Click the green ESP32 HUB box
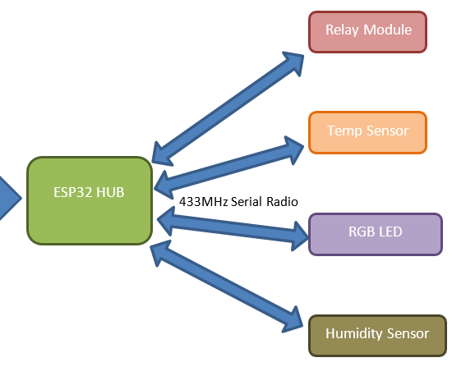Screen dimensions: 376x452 (x=90, y=201)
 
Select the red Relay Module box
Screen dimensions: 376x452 (x=367, y=32)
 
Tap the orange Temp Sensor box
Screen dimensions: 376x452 (x=367, y=132)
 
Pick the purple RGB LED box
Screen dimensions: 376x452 (x=374, y=233)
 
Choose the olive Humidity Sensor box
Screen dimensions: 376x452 (x=377, y=334)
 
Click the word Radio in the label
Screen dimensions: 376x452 (x=281, y=201)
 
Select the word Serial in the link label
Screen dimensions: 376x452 (x=247, y=201)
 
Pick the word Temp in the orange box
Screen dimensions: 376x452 (x=344, y=131)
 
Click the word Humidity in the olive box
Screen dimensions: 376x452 (x=353, y=333)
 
